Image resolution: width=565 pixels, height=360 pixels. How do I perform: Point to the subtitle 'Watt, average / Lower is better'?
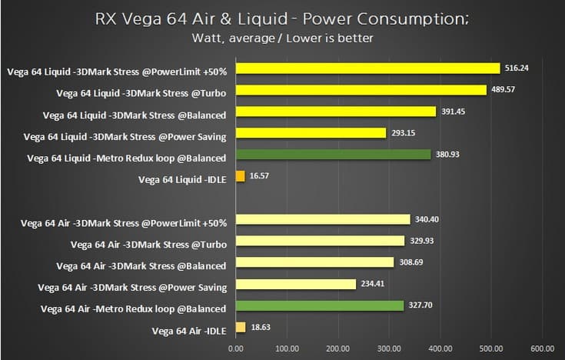[x=282, y=37]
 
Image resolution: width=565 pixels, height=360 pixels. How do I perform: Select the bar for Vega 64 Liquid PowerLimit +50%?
[x=367, y=68]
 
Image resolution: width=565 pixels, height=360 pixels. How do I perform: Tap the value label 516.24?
[x=519, y=68]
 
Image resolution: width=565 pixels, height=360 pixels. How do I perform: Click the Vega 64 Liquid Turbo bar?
[x=361, y=90]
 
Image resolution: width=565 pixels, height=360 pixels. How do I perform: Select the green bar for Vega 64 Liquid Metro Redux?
[x=334, y=155]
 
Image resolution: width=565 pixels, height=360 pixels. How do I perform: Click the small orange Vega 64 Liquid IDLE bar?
[x=240, y=176]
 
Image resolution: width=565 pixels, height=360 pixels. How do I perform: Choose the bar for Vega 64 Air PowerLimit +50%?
[x=323, y=219]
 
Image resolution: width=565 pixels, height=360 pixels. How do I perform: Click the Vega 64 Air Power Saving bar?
[x=296, y=284]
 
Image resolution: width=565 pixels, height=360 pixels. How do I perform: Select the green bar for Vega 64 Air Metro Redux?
[x=320, y=305]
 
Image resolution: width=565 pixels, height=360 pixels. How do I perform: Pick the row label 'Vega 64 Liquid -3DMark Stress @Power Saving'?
[x=125, y=137]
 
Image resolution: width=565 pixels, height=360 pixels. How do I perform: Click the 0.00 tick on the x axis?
[x=236, y=348]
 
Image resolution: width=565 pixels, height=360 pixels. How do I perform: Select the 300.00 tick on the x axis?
[x=389, y=348]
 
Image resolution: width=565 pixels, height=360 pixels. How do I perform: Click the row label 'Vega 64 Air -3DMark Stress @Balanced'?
[x=141, y=266]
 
